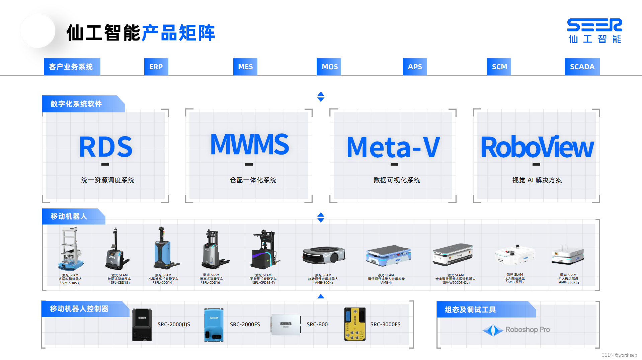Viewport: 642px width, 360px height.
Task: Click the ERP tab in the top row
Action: point(156,67)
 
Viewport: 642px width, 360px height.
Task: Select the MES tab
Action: point(245,67)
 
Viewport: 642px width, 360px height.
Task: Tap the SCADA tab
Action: point(582,67)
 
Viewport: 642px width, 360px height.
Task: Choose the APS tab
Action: point(415,67)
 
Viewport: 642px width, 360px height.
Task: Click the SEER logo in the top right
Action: point(594,30)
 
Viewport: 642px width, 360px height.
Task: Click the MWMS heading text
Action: point(249,145)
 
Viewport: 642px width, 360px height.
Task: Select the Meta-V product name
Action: point(393,147)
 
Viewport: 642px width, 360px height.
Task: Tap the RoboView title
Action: point(537,147)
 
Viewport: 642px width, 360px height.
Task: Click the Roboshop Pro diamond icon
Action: point(493,330)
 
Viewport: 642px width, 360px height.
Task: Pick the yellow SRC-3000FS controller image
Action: point(355,324)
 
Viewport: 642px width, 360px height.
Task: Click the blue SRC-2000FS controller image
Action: point(214,325)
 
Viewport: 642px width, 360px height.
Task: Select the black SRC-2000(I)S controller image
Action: point(142,325)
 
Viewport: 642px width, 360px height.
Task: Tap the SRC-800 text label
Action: point(317,324)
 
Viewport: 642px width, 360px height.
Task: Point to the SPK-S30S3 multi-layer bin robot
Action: point(71,249)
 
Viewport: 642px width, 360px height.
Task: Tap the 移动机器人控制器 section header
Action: point(79,309)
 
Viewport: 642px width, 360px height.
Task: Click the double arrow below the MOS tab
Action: point(321,97)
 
